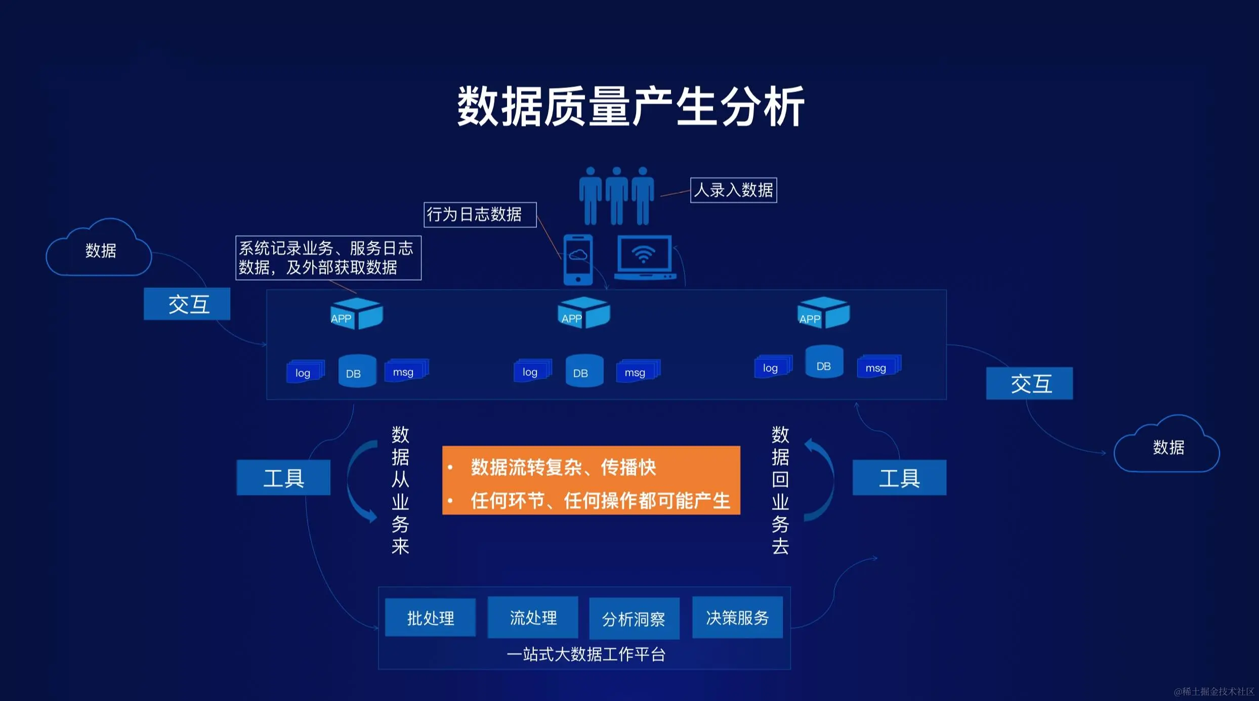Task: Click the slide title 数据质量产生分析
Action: point(631,106)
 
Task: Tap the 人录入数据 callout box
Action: point(733,190)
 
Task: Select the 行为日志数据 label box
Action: point(479,214)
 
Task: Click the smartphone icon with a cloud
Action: point(578,259)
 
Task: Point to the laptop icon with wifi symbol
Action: point(644,257)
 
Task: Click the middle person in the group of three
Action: point(616,196)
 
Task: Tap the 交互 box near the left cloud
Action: point(187,304)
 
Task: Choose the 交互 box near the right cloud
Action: point(1029,383)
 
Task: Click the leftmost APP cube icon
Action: point(356,314)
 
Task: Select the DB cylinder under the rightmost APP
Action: point(824,362)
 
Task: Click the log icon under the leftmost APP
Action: point(304,372)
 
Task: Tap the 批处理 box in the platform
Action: point(430,618)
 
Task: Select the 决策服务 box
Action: point(737,617)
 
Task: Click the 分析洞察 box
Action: point(634,619)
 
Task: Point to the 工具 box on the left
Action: point(283,477)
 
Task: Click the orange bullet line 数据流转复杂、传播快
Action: point(563,467)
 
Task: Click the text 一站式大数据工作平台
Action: point(585,654)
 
